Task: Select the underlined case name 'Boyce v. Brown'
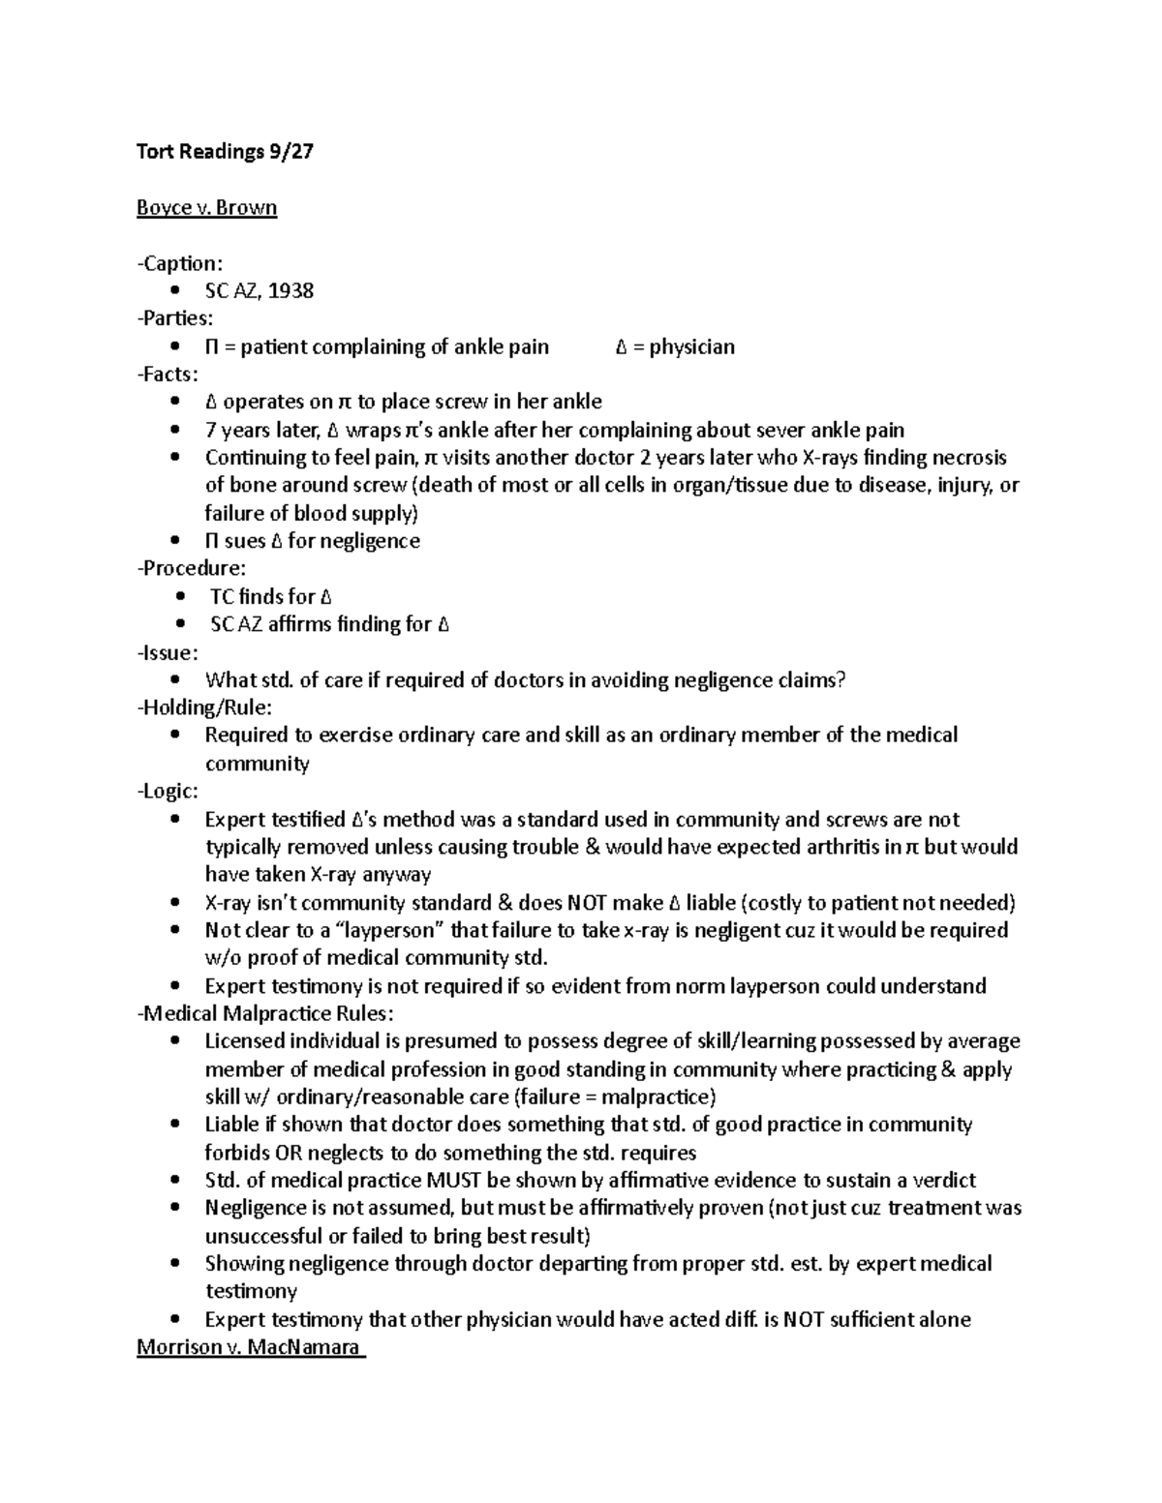(x=206, y=208)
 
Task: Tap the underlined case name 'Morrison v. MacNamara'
(x=250, y=1347)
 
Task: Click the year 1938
(x=290, y=291)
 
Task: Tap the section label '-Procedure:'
(x=192, y=568)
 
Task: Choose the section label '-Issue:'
(x=168, y=652)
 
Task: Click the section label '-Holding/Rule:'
(x=204, y=708)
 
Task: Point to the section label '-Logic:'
(x=168, y=792)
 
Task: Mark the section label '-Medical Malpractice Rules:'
(x=265, y=1014)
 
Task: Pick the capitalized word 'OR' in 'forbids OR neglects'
(x=288, y=1154)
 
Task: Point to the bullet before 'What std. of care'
(x=174, y=680)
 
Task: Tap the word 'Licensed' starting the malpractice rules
(x=243, y=1042)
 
